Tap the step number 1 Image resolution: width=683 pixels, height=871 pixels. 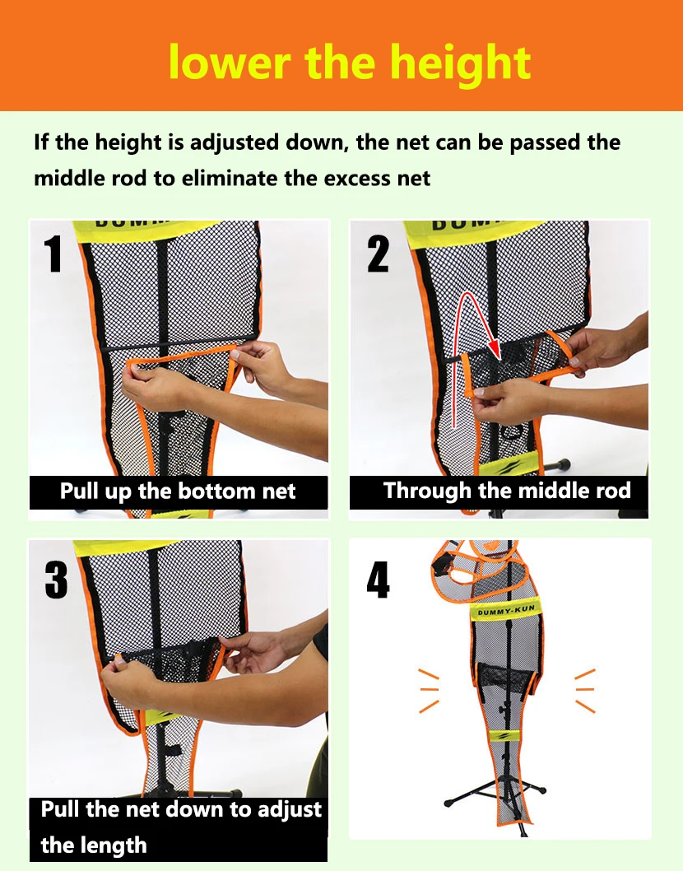(53, 254)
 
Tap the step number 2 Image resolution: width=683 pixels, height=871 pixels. (379, 254)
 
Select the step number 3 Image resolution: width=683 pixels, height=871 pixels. (56, 580)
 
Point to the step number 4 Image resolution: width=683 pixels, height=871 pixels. (379, 580)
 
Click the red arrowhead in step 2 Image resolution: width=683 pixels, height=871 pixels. (493, 348)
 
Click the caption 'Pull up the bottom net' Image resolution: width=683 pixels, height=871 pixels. (178, 491)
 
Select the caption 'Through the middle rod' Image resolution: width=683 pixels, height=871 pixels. (507, 491)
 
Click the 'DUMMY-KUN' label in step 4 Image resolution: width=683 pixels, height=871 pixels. (506, 611)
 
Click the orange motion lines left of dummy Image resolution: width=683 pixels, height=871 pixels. (429, 691)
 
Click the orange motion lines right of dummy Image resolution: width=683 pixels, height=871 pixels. (585, 691)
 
